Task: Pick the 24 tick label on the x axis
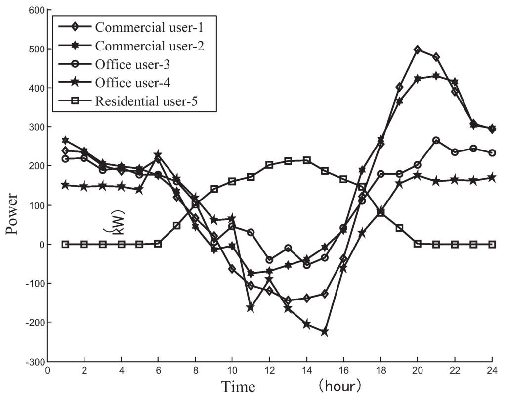pyautogui.click(x=492, y=370)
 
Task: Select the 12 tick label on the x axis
pyautogui.click(x=269, y=370)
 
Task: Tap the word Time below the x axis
pyautogui.click(x=238, y=386)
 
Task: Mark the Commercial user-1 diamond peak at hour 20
pyautogui.click(x=418, y=50)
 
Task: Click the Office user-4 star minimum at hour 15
pyautogui.click(x=325, y=332)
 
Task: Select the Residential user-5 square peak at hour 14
pyautogui.click(x=306, y=160)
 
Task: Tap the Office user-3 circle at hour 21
pyautogui.click(x=436, y=141)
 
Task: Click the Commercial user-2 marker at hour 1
pyautogui.click(x=65, y=141)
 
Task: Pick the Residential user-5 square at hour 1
pyautogui.click(x=65, y=244)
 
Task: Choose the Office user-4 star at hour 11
pyautogui.click(x=251, y=308)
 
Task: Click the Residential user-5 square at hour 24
pyautogui.click(x=492, y=244)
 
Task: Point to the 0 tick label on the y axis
pyautogui.click(x=42, y=245)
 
